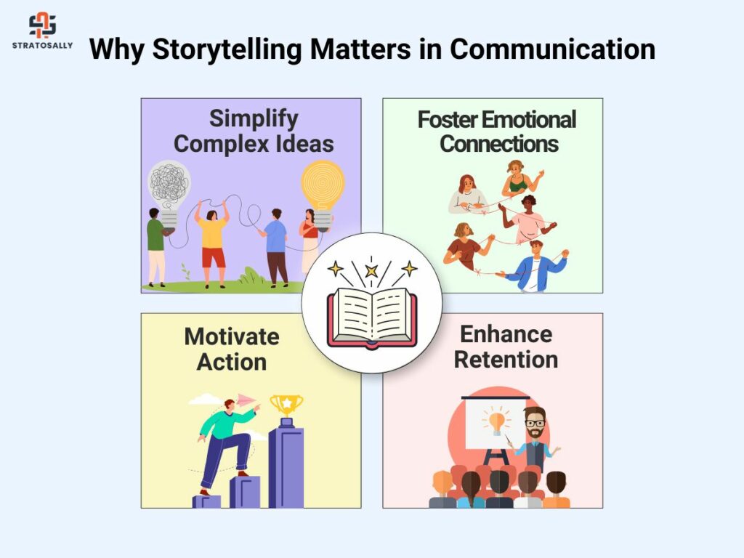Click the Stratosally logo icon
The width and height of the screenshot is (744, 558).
[x=43, y=25]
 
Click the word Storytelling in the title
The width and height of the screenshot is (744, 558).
[x=227, y=49]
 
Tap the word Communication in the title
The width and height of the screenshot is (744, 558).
[x=553, y=49]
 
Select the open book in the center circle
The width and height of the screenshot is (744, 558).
[x=372, y=318]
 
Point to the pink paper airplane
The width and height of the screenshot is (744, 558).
[x=246, y=400]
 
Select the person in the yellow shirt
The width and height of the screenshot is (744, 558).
[x=212, y=243]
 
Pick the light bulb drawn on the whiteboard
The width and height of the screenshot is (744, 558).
[x=496, y=422]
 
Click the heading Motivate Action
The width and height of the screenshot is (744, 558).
[x=232, y=349]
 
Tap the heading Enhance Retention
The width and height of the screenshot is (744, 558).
[x=506, y=347]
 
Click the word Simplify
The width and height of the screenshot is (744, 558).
[x=254, y=118]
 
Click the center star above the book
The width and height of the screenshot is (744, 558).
[x=371, y=271]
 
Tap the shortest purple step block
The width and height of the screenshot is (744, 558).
[x=206, y=501]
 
